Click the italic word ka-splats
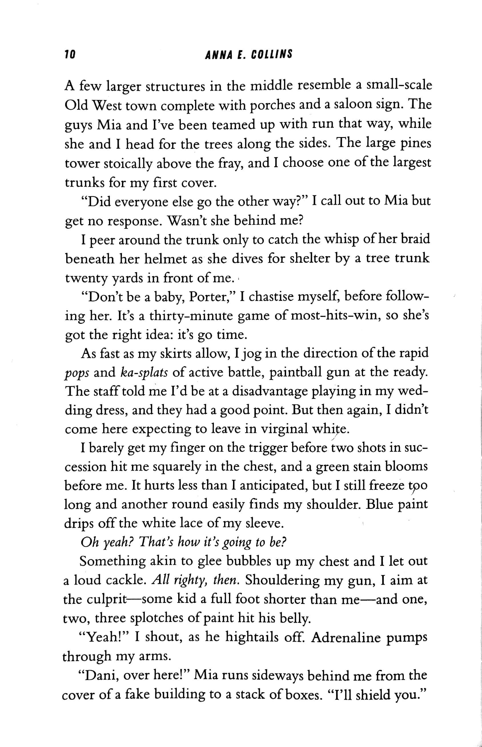pyautogui.click(x=144, y=372)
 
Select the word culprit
pyautogui.click(x=106, y=600)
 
